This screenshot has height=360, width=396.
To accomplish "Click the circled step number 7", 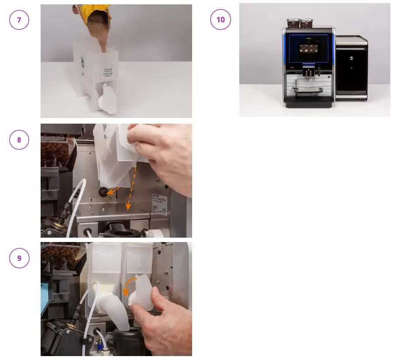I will (x=19, y=20).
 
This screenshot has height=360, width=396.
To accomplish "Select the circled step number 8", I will (x=19, y=140).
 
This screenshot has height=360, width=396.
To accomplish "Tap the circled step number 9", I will (x=19, y=258).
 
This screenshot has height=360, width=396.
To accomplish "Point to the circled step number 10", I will (x=220, y=20).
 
